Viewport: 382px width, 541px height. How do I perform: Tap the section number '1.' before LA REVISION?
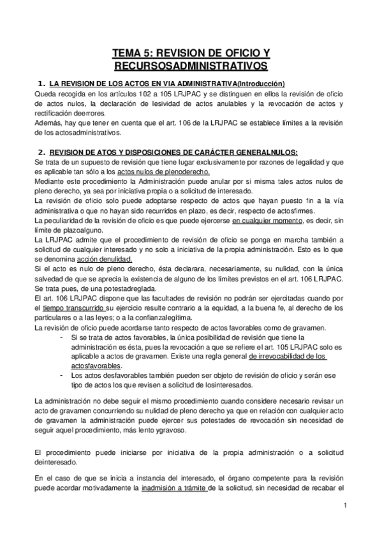coord(41,84)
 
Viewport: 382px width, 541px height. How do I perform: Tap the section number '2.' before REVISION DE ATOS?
coord(41,152)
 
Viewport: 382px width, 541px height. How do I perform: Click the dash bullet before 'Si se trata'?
coord(61,337)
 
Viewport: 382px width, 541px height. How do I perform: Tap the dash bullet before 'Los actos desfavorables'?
coord(61,376)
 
